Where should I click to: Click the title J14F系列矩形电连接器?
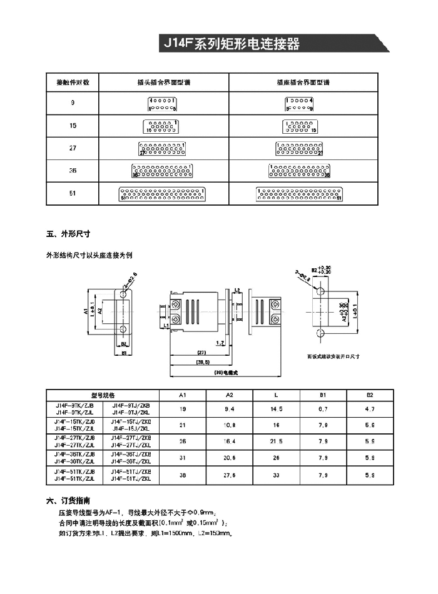point(232,44)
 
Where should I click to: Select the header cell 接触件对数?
point(73,82)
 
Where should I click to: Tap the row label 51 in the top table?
point(73,194)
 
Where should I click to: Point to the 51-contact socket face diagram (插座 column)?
point(300,194)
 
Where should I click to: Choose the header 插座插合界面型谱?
point(303,82)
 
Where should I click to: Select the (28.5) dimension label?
point(201,362)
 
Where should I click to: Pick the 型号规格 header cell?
point(103,395)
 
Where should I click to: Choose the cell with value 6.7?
point(323,409)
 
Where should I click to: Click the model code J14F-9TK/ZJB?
point(74,405)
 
